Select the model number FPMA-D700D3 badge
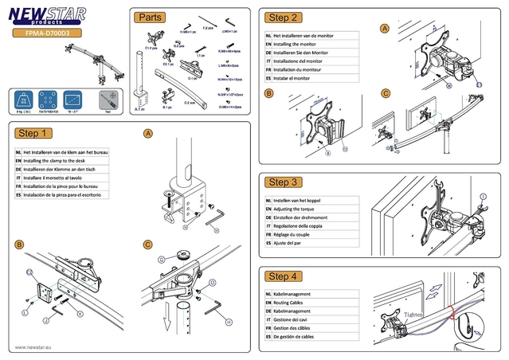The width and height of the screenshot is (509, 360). (x=46, y=35)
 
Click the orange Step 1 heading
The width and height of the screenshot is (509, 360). (x=34, y=133)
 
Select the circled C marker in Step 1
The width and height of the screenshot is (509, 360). (x=148, y=246)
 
